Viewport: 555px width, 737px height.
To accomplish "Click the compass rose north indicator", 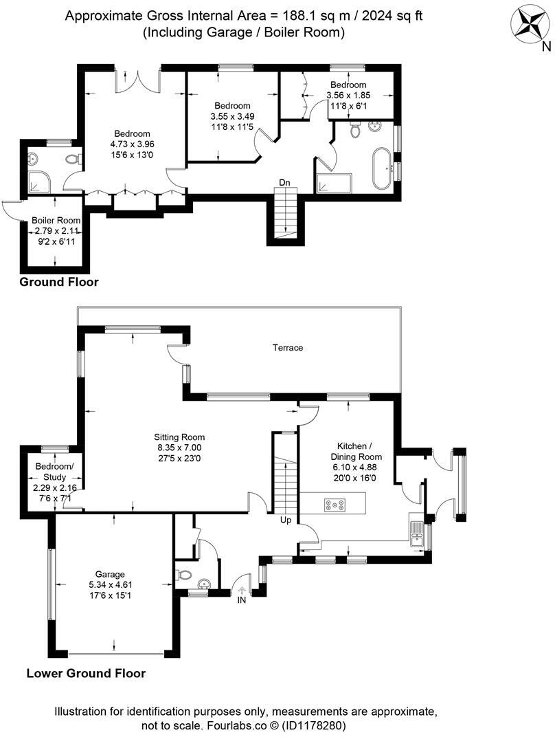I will click(x=530, y=22).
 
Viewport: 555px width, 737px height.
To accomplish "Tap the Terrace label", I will click(x=288, y=348).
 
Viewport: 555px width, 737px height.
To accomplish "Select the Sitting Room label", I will click(x=179, y=437).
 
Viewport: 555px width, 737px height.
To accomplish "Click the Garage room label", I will click(x=110, y=574).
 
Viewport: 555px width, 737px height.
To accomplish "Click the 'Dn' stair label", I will click(x=284, y=183).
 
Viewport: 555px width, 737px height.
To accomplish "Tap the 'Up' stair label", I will click(x=286, y=520).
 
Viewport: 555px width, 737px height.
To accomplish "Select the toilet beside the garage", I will click(x=185, y=575).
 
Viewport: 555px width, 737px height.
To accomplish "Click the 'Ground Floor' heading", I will click(x=59, y=282).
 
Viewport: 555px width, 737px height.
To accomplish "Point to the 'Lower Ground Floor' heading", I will click(x=86, y=673).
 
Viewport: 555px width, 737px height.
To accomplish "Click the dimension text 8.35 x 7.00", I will click(x=179, y=447).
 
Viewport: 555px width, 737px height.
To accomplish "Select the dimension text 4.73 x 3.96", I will click(x=132, y=144).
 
